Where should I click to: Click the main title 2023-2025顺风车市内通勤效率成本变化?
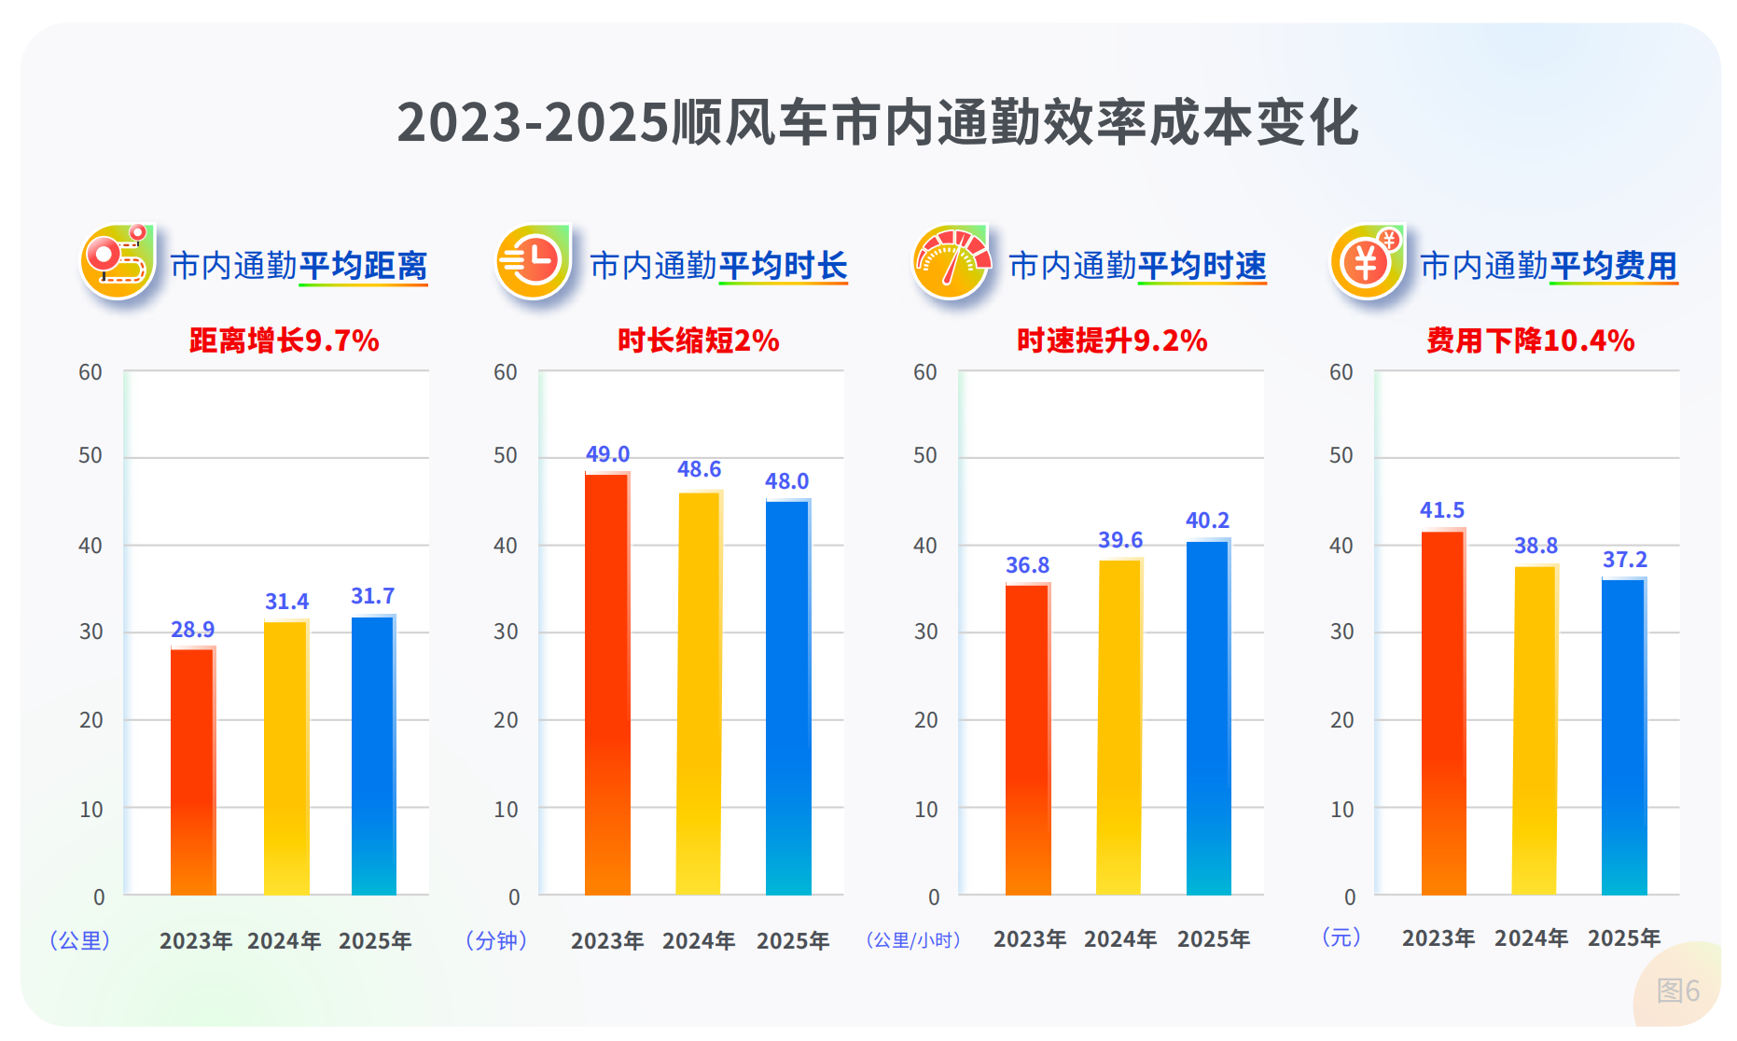pos(877,122)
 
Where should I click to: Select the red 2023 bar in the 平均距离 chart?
pos(193,770)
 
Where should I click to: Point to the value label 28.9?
pos(192,630)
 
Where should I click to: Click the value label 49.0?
pos(607,454)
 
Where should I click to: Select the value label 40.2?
pos(1207,520)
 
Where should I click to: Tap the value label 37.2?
pos(1624,560)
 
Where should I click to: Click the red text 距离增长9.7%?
pos(284,340)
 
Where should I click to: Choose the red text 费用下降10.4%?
pos(1530,340)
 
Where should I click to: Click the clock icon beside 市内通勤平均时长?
pos(533,261)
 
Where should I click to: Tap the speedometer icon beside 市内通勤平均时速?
pos(951,262)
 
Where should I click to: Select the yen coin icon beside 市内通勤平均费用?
pos(1367,262)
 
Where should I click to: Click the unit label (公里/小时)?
pos(913,940)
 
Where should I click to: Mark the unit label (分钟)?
pos(496,940)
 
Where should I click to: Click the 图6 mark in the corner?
pos(1677,991)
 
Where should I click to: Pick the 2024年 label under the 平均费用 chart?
pos(1531,938)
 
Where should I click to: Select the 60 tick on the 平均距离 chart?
pos(90,372)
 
